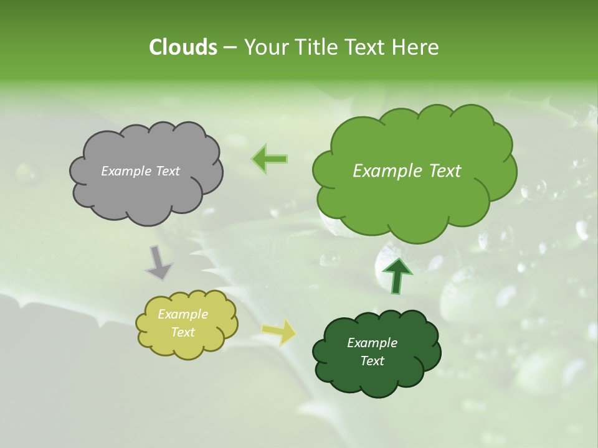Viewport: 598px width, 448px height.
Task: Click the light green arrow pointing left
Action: tap(270, 159)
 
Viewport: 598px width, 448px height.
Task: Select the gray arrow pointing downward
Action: tap(158, 263)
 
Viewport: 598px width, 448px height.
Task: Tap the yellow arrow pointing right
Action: tap(279, 332)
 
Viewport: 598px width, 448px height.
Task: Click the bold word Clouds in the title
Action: tap(183, 47)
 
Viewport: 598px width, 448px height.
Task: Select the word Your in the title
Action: tap(265, 47)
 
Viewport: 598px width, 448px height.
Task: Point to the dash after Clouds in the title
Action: tap(230, 47)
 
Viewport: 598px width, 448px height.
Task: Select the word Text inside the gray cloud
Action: tap(168, 171)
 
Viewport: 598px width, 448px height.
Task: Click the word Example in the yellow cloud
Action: tap(183, 314)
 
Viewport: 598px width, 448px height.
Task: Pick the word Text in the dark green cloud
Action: tap(372, 361)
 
